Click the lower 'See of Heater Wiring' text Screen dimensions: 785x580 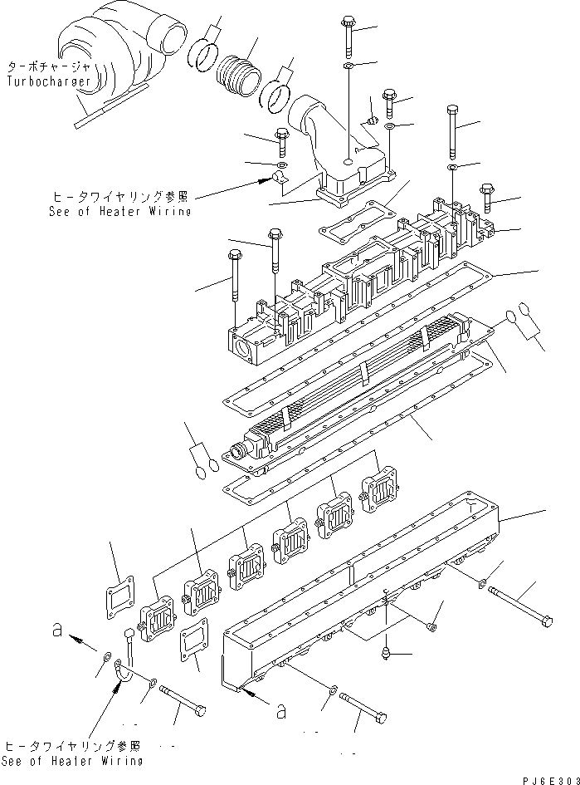point(72,760)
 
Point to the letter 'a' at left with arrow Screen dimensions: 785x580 point(56,631)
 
